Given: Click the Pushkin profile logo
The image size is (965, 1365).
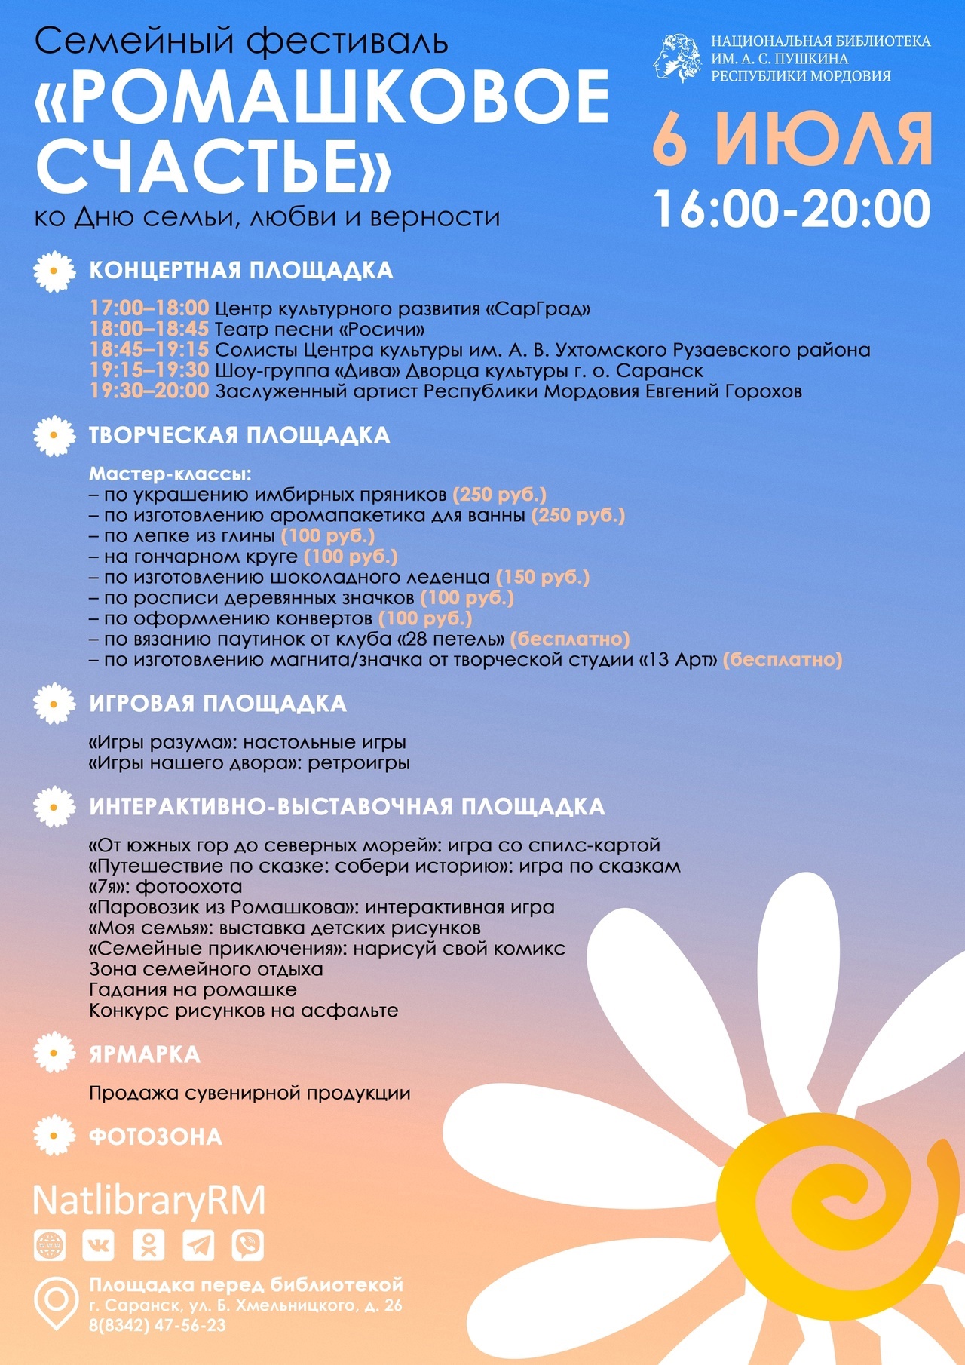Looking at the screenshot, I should (x=676, y=58).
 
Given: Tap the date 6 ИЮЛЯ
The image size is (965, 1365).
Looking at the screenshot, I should (x=792, y=140).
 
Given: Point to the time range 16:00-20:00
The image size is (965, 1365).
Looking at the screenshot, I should (x=792, y=209).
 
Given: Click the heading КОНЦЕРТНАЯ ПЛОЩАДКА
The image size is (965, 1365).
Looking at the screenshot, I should (x=241, y=270).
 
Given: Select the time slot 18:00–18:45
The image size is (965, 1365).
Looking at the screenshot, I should (x=149, y=330).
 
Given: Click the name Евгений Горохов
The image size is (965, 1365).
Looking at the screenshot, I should (x=724, y=391).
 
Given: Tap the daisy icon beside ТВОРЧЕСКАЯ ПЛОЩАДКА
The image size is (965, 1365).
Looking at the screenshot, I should (x=54, y=436).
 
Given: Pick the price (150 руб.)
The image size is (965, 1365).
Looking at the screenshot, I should (x=543, y=578).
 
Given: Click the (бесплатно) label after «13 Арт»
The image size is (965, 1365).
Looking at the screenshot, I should (x=783, y=660).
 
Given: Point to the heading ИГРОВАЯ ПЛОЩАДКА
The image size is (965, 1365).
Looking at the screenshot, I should (x=218, y=704).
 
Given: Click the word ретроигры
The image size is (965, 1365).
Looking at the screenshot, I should (x=359, y=763).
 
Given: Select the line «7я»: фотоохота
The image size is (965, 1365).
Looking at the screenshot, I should (x=166, y=887).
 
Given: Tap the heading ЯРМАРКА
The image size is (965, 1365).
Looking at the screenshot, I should (x=145, y=1054).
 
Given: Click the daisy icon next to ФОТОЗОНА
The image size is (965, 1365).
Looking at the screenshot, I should (x=54, y=1136).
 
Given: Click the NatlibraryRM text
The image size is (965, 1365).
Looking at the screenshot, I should (x=149, y=1201).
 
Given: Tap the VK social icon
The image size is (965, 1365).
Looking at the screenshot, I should (x=98, y=1246).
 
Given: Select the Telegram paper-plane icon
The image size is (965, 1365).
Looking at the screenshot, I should (x=198, y=1246).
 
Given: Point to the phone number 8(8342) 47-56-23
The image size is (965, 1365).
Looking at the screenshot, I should (x=157, y=1325).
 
